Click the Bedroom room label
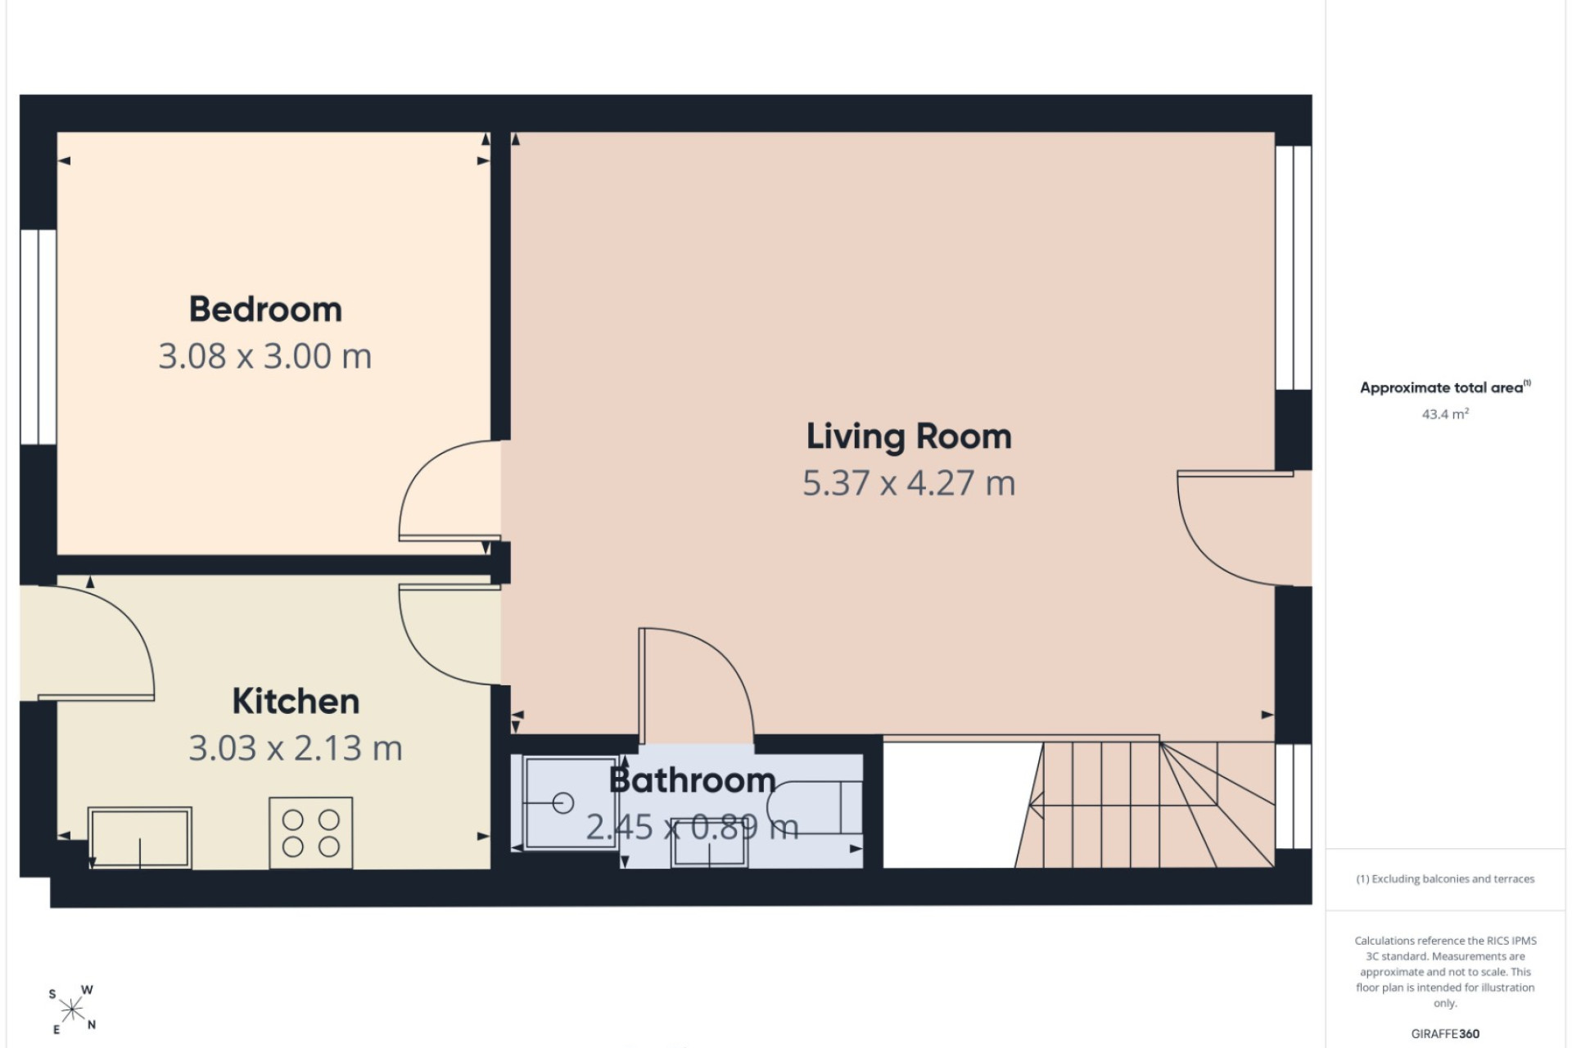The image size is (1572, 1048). point(265,309)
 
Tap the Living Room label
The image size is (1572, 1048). point(909,436)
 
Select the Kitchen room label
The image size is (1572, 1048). point(296,702)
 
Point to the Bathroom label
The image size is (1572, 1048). point(692,780)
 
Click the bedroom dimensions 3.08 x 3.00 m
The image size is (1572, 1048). point(265,356)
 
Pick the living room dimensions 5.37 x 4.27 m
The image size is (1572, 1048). point(909,483)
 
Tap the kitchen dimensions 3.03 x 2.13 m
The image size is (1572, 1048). point(296,748)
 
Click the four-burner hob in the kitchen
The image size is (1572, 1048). point(311,833)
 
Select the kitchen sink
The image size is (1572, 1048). point(140,838)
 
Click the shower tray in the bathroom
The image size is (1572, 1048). point(570,802)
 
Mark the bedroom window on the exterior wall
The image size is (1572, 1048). point(38,337)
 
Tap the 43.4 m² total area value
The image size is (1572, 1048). point(1445,414)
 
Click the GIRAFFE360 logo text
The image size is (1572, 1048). point(1445,1034)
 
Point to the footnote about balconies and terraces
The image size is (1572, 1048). point(1445,879)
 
